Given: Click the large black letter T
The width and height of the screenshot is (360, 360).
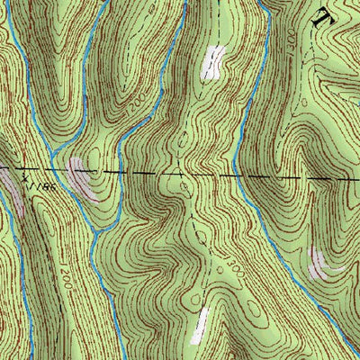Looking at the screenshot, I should pyautogui.click(x=323, y=13).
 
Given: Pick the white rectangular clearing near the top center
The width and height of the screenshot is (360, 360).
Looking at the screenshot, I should pyautogui.click(x=212, y=63).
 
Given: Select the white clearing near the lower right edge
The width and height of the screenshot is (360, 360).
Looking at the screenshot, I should pyautogui.click(x=319, y=263).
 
